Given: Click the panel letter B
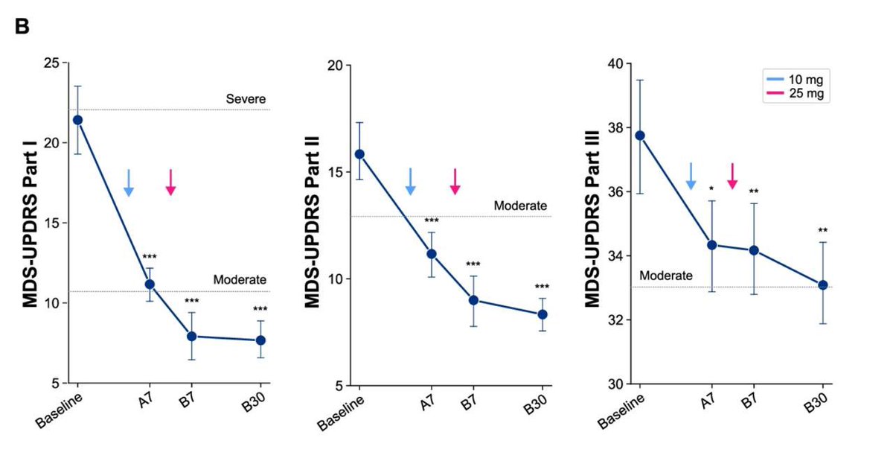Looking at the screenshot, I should (x=22, y=27).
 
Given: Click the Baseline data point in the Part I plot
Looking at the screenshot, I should (x=77, y=120).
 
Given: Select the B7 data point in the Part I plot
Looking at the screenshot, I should (x=191, y=336).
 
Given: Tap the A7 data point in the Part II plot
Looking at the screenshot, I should (x=431, y=254).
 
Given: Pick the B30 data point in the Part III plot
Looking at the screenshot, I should (x=823, y=285).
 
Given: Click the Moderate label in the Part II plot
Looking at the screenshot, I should (x=520, y=206).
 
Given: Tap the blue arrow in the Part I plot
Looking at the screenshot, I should (x=128, y=182).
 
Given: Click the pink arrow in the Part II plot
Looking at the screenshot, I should (x=455, y=181).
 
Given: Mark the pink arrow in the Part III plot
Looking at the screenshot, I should (x=732, y=176).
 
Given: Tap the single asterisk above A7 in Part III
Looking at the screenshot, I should (x=711, y=189).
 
